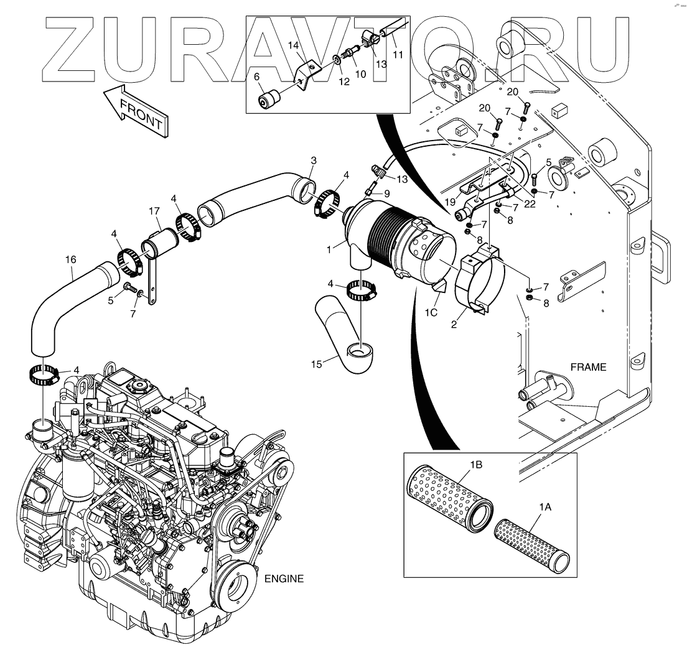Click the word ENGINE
click(284, 579)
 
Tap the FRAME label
click(589, 367)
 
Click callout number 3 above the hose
click(313, 160)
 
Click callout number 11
click(398, 54)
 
